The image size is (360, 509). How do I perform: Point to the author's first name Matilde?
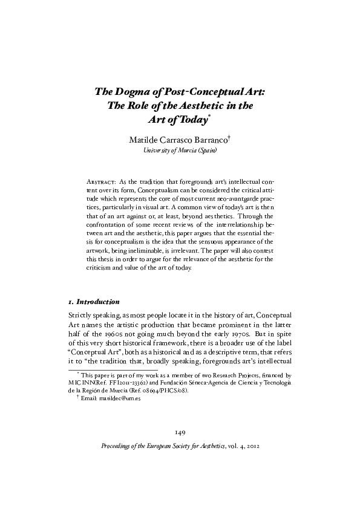click(144, 140)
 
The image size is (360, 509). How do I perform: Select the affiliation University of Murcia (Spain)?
click(180, 151)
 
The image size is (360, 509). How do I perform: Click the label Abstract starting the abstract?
click(100, 181)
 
